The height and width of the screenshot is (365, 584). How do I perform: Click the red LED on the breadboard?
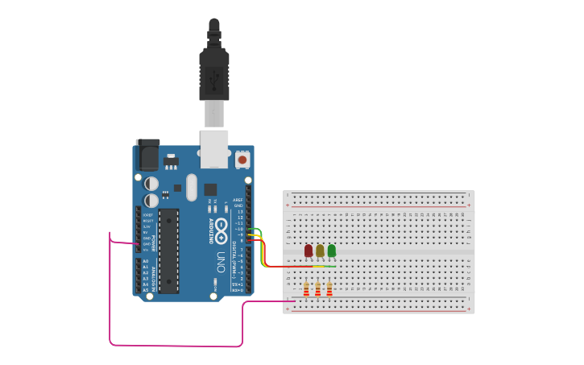click(309, 251)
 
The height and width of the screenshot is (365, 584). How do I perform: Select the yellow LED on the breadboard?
click(320, 251)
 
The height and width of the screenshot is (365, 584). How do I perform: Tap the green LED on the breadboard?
click(331, 251)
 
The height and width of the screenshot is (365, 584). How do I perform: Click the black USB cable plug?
click(213, 73)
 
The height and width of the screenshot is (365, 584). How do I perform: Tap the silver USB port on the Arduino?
click(214, 149)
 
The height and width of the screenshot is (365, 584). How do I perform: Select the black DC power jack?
click(147, 155)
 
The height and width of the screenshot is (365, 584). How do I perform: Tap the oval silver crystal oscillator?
click(191, 188)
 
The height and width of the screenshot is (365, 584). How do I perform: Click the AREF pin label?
click(238, 200)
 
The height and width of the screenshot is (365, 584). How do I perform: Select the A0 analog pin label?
click(146, 261)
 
